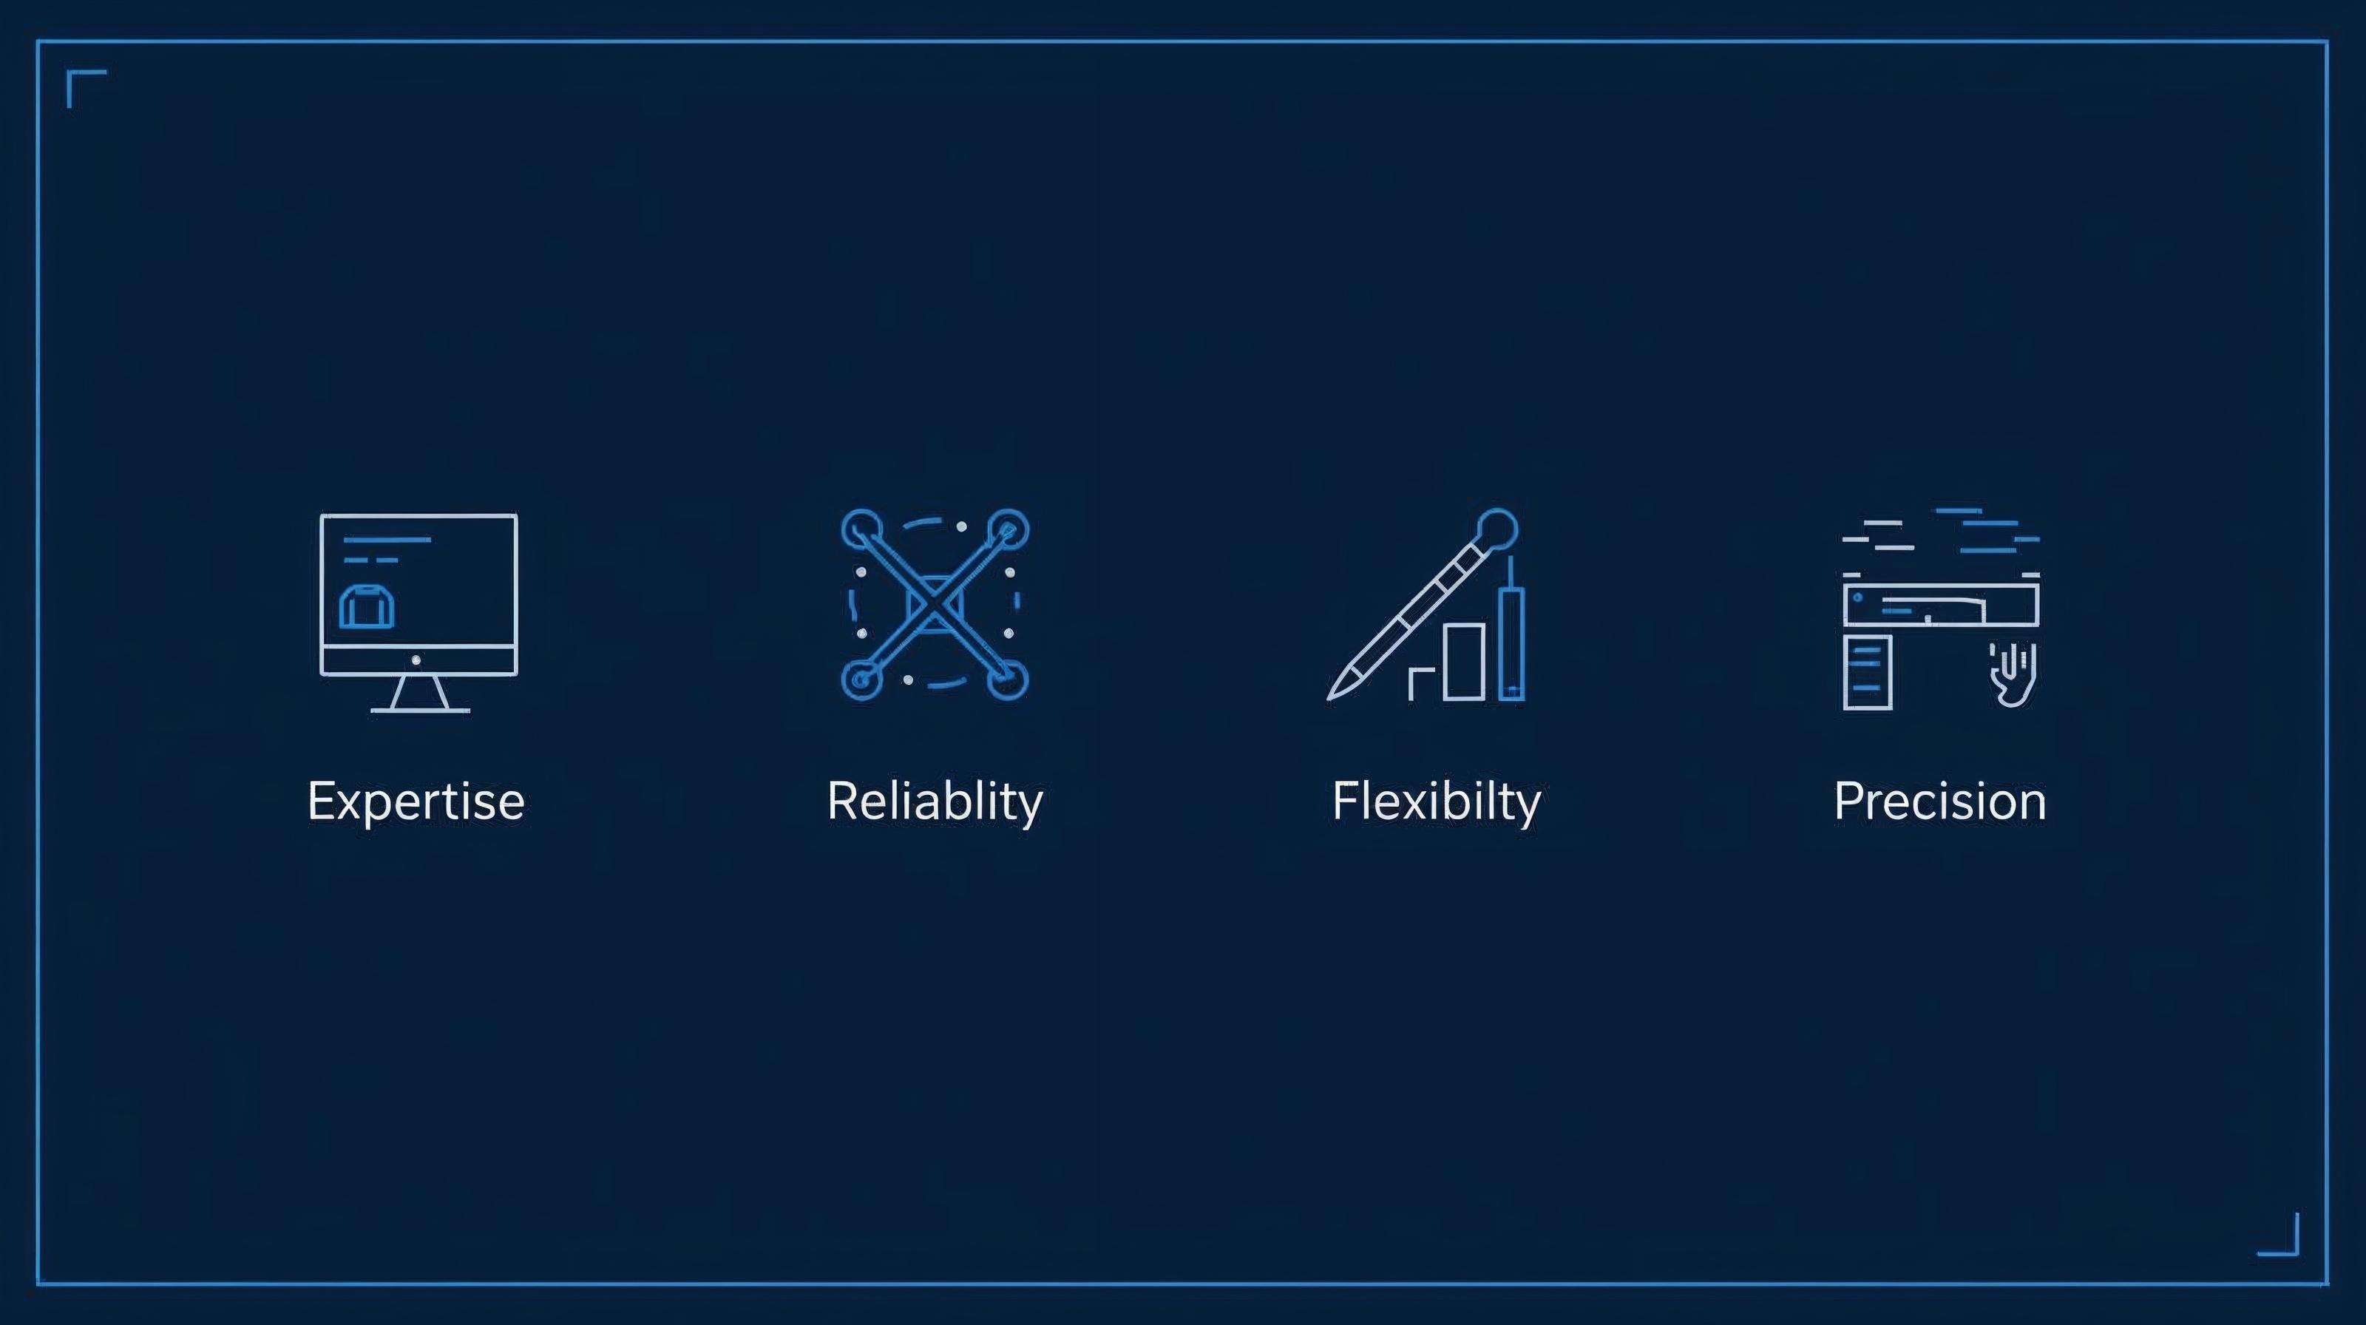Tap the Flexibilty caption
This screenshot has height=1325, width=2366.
pos(1436,801)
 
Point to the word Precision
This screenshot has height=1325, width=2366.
pos(1940,801)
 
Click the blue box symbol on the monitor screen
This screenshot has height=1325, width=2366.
pos(367,607)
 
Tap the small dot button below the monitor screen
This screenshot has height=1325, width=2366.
pos(416,660)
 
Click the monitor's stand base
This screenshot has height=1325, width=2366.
pos(420,709)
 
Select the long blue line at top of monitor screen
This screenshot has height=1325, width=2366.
pos(387,540)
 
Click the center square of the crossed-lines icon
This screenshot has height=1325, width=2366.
pos(934,603)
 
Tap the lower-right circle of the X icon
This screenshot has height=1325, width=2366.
pos(1009,680)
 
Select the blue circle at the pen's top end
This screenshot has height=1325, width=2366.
pos(1497,528)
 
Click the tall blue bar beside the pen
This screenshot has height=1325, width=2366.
pos(1511,643)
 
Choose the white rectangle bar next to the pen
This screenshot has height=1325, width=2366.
pos(1463,661)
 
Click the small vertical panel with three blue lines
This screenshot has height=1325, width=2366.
pos(1867,671)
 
